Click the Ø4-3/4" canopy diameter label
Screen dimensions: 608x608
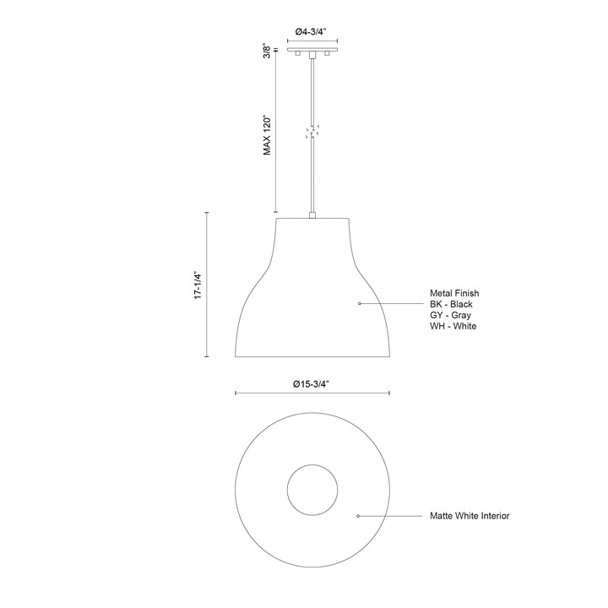coord(312,32)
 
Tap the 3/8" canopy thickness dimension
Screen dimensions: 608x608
coord(267,51)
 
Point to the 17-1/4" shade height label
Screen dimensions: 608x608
coord(198,286)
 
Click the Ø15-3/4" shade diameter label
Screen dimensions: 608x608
coord(312,384)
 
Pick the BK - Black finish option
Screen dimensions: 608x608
coord(452,304)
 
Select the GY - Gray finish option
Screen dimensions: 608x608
coord(449,315)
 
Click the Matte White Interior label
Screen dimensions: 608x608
coord(469,515)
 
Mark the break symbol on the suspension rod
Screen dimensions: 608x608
coord(312,133)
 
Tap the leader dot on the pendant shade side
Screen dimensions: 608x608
coord(361,302)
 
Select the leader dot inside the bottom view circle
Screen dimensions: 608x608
coord(359,515)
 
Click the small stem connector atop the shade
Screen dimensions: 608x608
coord(312,216)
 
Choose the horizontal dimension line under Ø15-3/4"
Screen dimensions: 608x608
coord(312,394)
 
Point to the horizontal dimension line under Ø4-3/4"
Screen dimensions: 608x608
coord(312,41)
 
